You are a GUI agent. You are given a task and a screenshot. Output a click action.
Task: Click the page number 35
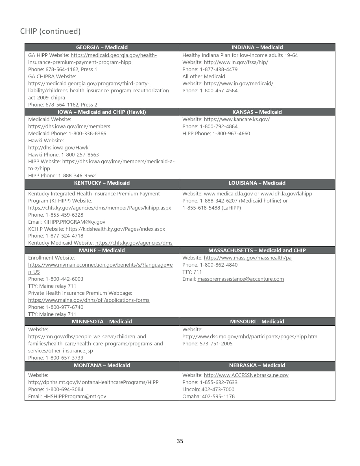[180, 441]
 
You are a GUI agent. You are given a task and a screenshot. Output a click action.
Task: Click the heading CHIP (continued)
[50, 31]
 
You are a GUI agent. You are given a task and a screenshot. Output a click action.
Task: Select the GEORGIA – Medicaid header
[102, 47]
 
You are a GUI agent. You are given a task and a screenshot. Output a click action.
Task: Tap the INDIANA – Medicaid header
[257, 47]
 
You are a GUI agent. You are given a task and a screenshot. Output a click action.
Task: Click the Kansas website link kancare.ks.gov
[237, 119]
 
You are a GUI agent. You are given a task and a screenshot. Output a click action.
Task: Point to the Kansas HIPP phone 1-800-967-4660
[231, 134]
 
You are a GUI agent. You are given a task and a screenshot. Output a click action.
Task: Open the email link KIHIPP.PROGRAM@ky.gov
[74, 222]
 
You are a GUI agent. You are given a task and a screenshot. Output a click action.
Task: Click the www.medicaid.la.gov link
[228, 194]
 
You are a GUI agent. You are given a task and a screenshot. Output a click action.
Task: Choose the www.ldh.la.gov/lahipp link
[286, 194]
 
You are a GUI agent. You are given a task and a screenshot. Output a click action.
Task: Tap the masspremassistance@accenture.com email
[241, 279]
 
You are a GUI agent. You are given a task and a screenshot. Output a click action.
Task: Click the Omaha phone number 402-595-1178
[218, 397]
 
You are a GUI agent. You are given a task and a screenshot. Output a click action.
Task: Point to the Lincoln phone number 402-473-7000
[218, 389]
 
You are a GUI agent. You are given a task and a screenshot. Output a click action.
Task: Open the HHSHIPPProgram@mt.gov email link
[75, 397]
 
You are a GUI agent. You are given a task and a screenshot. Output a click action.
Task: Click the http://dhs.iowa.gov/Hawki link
[59, 148]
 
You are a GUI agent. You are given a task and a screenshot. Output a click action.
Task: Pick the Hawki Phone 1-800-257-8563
[80, 155]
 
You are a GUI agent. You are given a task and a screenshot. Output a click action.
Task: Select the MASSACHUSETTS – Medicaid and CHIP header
[257, 251]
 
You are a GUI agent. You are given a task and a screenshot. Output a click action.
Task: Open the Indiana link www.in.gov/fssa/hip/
[236, 62]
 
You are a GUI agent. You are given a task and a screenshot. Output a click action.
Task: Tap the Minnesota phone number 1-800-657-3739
[64, 358]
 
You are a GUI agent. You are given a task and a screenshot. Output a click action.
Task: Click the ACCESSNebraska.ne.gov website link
[246, 375]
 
